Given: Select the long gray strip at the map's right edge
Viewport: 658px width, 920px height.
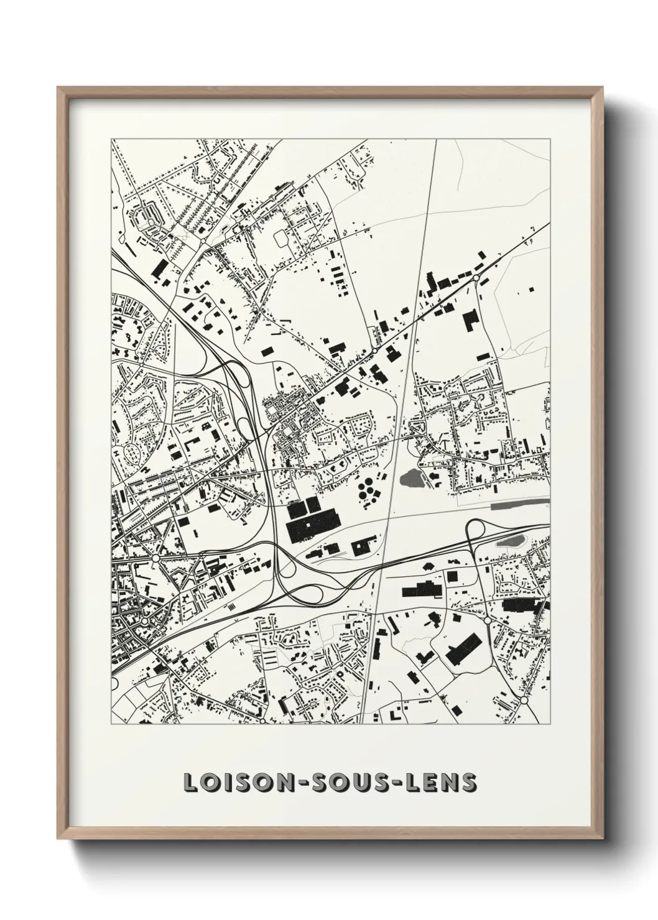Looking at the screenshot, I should (x=520, y=504).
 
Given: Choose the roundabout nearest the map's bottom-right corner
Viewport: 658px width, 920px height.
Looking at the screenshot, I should (x=524, y=700).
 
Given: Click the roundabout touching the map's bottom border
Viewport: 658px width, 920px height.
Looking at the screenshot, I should (x=262, y=722).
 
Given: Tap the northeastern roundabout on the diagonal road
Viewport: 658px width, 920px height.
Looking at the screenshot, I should (x=476, y=277).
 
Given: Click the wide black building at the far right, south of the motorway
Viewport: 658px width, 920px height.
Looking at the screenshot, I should (x=523, y=605).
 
